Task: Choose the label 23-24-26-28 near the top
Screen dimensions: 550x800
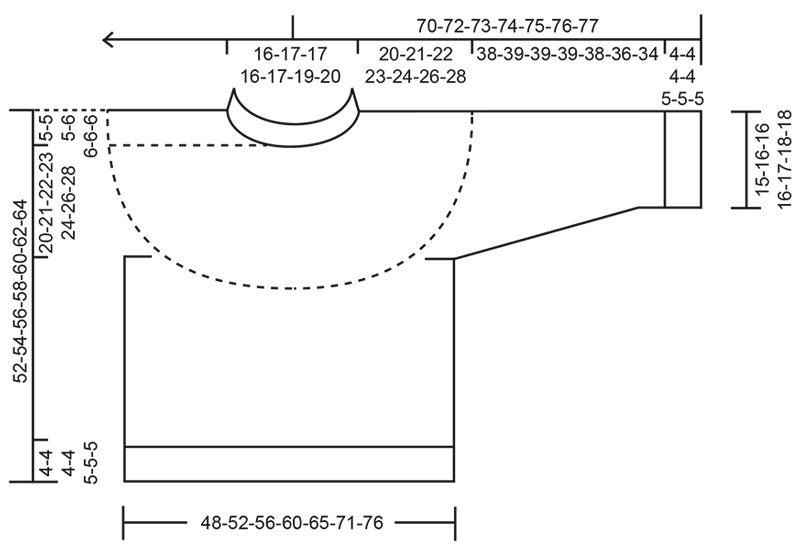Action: coord(415,77)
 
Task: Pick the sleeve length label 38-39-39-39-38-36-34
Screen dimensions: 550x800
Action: coord(567,54)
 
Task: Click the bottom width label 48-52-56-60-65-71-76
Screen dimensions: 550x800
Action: coord(289,522)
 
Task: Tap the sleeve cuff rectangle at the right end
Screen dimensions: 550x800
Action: coord(683,159)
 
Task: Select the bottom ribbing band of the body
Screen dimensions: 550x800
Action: coord(289,464)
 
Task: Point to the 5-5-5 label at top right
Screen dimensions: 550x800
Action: coord(683,99)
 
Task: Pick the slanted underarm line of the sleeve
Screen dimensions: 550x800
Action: coord(546,233)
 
